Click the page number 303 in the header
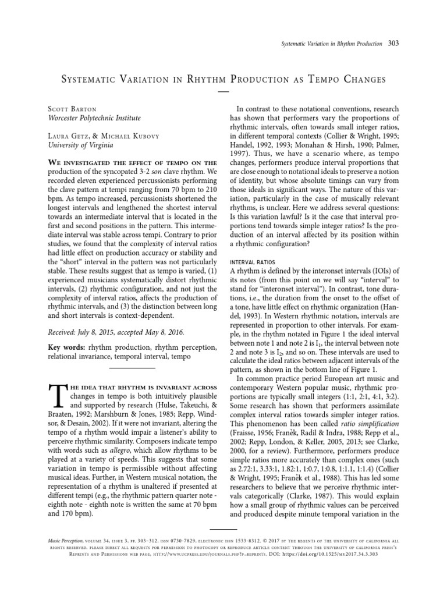click(394, 44)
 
